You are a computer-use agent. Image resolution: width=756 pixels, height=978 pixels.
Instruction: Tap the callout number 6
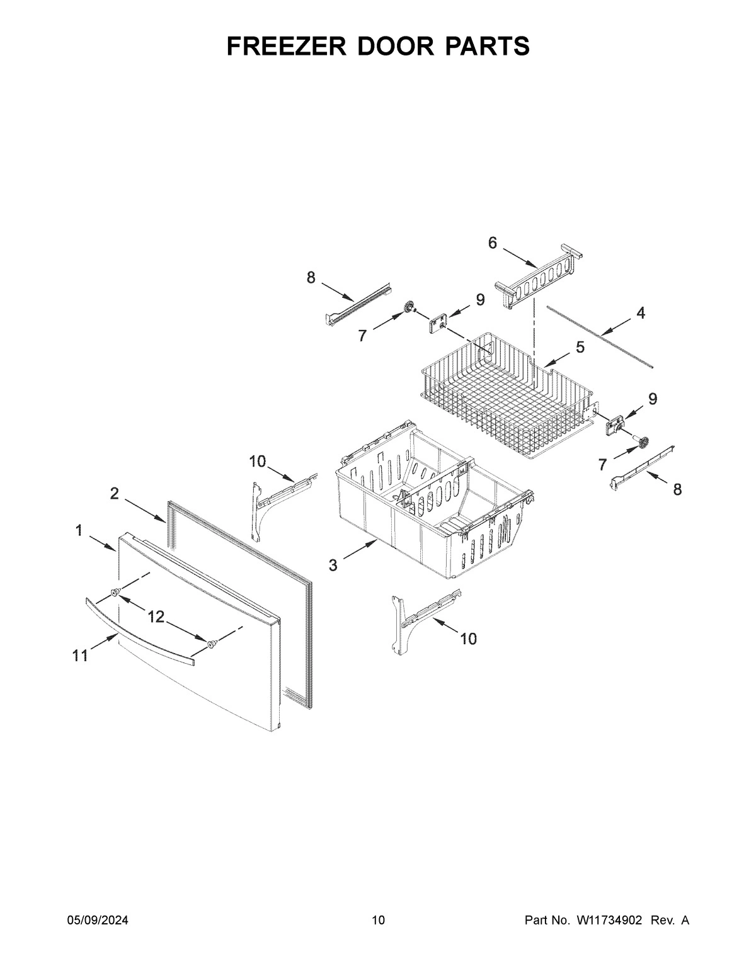[x=493, y=242]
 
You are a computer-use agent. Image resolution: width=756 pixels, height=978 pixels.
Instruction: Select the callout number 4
[x=641, y=313]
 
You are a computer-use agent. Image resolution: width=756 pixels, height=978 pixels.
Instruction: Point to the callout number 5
[x=580, y=347]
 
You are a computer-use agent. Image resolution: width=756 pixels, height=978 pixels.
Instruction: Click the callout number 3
[x=333, y=565]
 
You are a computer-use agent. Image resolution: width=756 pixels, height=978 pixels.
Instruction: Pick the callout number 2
[x=114, y=494]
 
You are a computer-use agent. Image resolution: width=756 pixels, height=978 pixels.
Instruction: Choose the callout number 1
[x=79, y=531]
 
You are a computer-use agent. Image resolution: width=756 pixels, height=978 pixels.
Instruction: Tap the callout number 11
[x=79, y=656]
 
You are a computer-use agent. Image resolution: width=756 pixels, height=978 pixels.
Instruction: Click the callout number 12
[x=156, y=617]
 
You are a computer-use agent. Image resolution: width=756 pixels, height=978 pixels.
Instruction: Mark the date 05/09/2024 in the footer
[x=98, y=921]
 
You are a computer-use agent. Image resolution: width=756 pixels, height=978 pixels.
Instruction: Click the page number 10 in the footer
[x=378, y=921]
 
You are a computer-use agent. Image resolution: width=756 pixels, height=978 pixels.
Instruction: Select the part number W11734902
[x=609, y=921]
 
